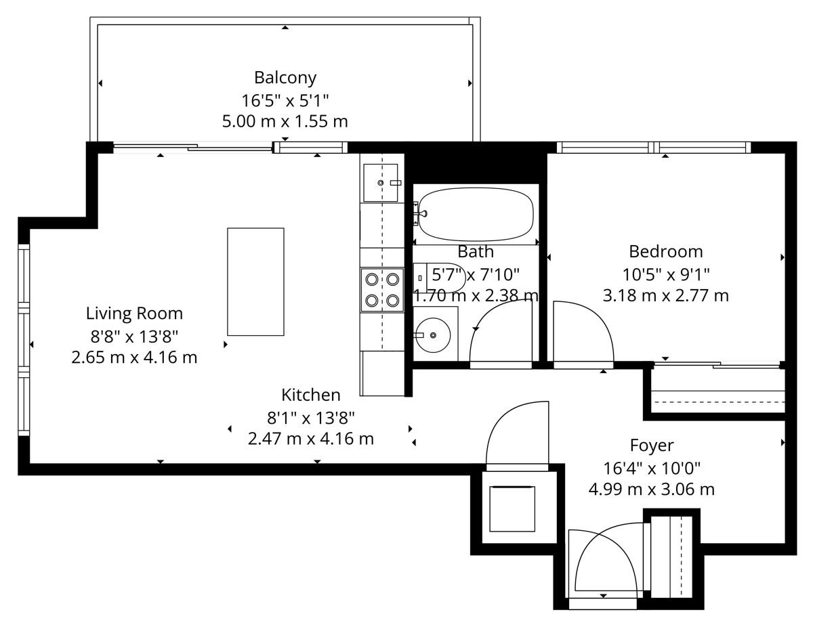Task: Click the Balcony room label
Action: click(285, 78)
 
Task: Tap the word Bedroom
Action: click(665, 252)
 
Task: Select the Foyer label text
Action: click(652, 446)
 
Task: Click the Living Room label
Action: click(134, 313)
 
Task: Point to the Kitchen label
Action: click(311, 395)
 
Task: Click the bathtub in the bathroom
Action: click(476, 214)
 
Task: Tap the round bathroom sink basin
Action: click(433, 335)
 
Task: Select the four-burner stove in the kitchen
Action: click(382, 290)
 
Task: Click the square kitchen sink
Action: click(381, 183)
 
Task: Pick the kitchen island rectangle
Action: click(255, 282)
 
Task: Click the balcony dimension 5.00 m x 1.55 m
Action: click(285, 121)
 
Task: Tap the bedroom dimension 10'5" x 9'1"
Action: click(665, 275)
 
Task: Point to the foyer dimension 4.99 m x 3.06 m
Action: click(652, 490)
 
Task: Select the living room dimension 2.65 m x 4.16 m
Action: click(134, 358)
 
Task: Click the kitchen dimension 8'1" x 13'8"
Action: click(311, 418)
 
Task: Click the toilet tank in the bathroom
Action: click(420, 278)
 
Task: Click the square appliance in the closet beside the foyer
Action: click(512, 509)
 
